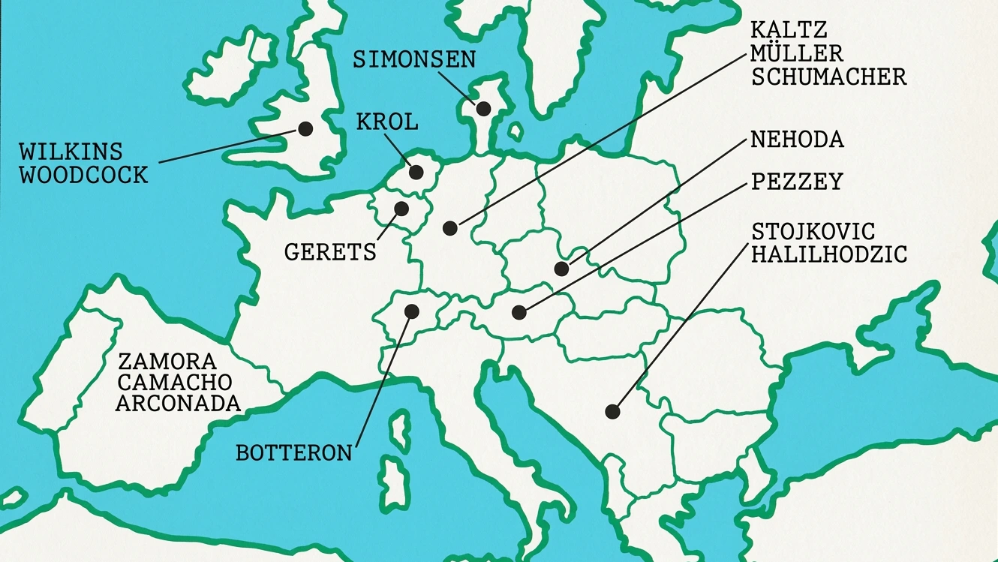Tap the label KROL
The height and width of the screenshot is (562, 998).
[387, 122]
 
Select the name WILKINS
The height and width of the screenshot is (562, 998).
[71, 152]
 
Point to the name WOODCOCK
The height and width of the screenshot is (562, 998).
[83, 176]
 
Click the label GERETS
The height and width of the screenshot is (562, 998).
[330, 252]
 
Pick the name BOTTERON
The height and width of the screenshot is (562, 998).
[294, 453]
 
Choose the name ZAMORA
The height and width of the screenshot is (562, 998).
[167, 361]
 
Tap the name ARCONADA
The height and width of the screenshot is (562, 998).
[179, 404]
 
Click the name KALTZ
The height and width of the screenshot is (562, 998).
[789, 31]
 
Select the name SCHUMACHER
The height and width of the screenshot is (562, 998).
[829, 77]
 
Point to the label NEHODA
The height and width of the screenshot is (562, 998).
[797, 140]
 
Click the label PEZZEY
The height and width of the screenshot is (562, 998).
[797, 182]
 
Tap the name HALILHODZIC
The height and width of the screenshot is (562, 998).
[829, 254]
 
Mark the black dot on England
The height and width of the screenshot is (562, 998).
[305, 129]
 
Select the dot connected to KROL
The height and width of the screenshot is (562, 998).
[416, 172]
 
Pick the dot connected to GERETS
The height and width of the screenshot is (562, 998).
[401, 208]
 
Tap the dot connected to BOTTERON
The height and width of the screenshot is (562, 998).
[411, 310]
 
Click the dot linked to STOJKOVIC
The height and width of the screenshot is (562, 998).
[612, 411]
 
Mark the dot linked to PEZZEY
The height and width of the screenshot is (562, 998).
[519, 311]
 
